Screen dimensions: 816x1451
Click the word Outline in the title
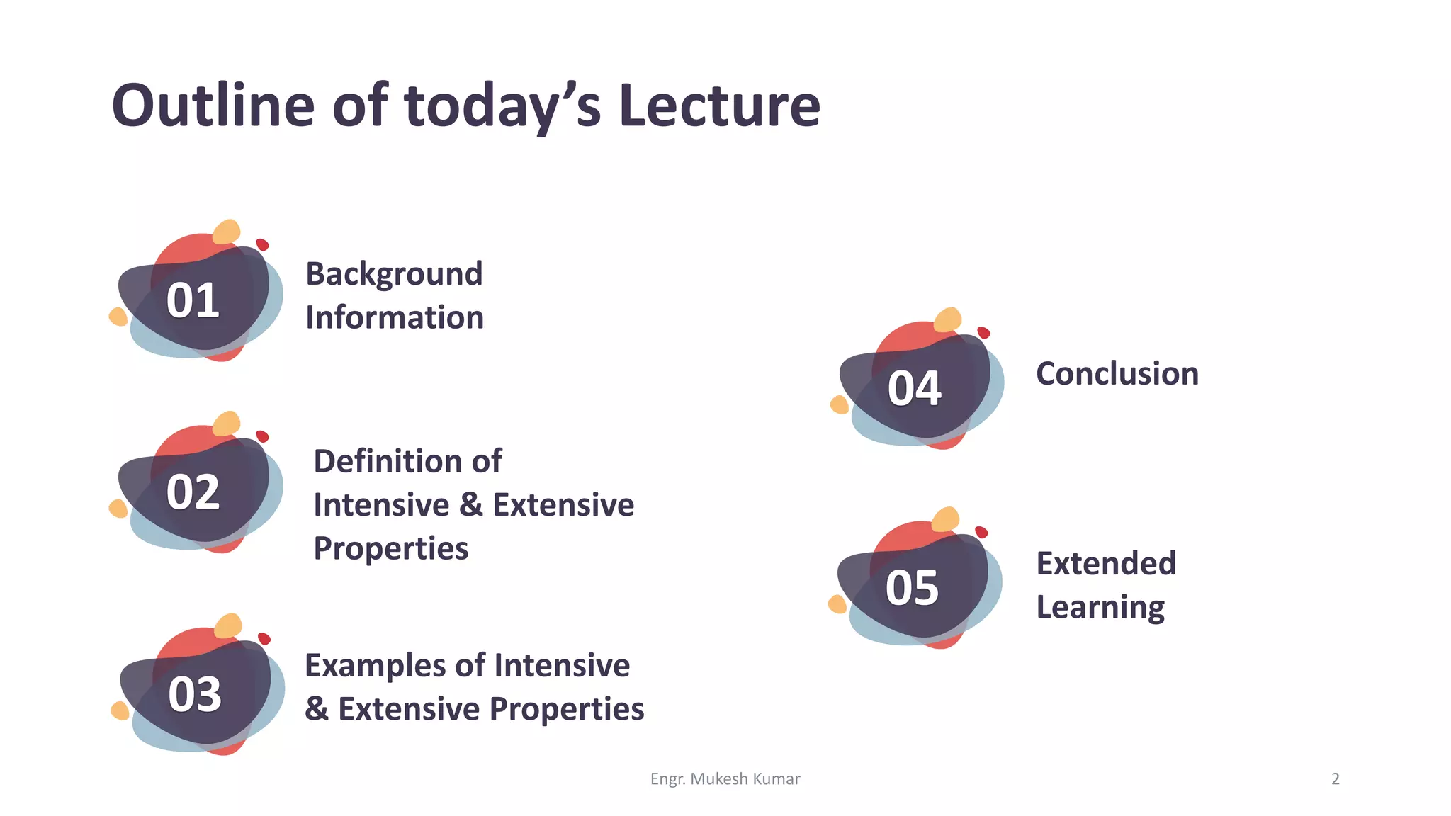pos(213,106)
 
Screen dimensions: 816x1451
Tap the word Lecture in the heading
pos(719,106)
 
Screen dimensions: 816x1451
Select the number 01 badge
pos(193,300)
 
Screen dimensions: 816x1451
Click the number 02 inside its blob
pos(193,492)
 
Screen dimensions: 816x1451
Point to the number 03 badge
pos(195,694)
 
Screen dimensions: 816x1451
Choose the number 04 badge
pos(914,388)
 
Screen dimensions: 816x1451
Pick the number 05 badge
pos(912,588)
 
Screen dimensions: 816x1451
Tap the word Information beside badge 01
pos(395,317)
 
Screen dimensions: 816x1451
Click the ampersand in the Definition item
pos(470,505)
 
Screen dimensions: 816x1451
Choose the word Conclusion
pos(1117,374)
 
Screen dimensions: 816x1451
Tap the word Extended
pos(1106,564)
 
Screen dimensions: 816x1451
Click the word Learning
pos(1100,608)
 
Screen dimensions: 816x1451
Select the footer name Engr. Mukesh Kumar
pos(725,779)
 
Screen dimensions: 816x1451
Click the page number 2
pos(1335,779)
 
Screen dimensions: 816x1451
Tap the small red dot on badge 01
pos(262,244)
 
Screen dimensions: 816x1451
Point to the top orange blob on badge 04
pos(948,319)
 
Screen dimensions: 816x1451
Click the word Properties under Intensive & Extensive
pos(391,549)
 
